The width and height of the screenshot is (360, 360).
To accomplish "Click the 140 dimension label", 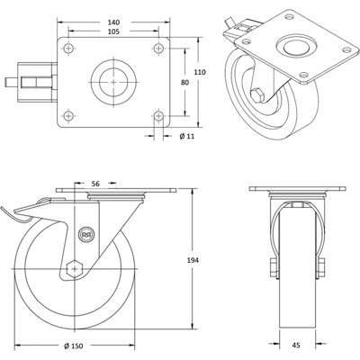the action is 113,22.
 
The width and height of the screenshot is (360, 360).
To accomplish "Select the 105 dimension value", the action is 113,31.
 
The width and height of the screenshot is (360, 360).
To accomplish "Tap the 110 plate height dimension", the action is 200,72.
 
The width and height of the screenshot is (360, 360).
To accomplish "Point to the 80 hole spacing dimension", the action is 185,83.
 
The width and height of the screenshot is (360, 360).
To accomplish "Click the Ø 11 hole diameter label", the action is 187,137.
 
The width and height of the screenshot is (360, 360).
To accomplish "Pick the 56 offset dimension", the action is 95,184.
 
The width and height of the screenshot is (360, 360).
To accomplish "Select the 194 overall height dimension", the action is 193,260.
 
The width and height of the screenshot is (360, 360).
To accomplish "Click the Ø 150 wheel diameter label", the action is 74,346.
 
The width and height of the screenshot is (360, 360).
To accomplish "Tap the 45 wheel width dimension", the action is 296,346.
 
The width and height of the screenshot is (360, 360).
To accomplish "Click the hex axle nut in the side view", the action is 74,268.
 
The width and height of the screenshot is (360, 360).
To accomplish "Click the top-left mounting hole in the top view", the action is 68,48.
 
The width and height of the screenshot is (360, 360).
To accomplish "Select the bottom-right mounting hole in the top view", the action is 158,115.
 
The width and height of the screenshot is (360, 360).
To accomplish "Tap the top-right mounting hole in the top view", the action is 158,48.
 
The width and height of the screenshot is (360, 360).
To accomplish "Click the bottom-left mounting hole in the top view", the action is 68,115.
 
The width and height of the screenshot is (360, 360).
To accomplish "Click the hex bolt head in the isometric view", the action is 257,95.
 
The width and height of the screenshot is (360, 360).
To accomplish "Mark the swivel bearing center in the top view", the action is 113,82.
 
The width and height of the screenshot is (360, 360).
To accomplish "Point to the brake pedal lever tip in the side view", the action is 2,208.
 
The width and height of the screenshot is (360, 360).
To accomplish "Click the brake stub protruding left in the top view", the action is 11,82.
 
